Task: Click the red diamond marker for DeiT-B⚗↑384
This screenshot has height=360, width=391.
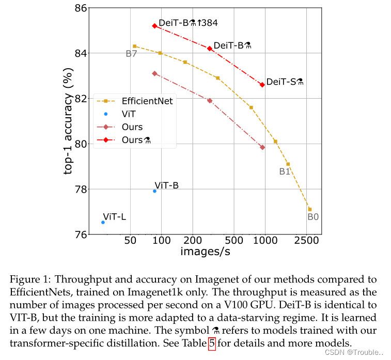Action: coord(154,26)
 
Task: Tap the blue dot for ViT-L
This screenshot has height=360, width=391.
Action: coord(103,222)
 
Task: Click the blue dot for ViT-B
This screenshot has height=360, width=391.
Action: coord(154,191)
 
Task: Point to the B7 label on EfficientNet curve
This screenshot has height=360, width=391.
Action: coord(131,54)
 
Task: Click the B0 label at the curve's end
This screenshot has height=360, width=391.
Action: coord(313,217)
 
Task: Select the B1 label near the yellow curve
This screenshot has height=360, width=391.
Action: coord(285,172)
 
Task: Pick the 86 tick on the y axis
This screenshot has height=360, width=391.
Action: coord(80,8)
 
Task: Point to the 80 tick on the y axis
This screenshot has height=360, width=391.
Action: coord(80,144)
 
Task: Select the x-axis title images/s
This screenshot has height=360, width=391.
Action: coord(205,252)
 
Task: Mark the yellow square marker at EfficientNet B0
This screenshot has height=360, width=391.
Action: coord(309,209)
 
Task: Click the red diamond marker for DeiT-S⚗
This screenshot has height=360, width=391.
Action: coord(262,85)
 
